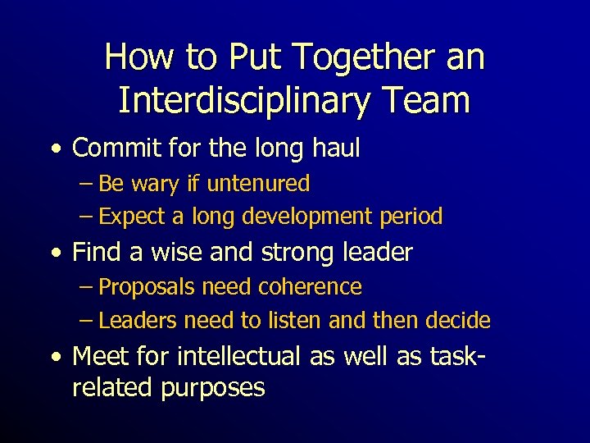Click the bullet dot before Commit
tap(55, 149)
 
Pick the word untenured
tap(258, 184)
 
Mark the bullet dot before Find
tap(55, 253)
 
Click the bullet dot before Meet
tap(55, 358)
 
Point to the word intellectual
tap(242, 357)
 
